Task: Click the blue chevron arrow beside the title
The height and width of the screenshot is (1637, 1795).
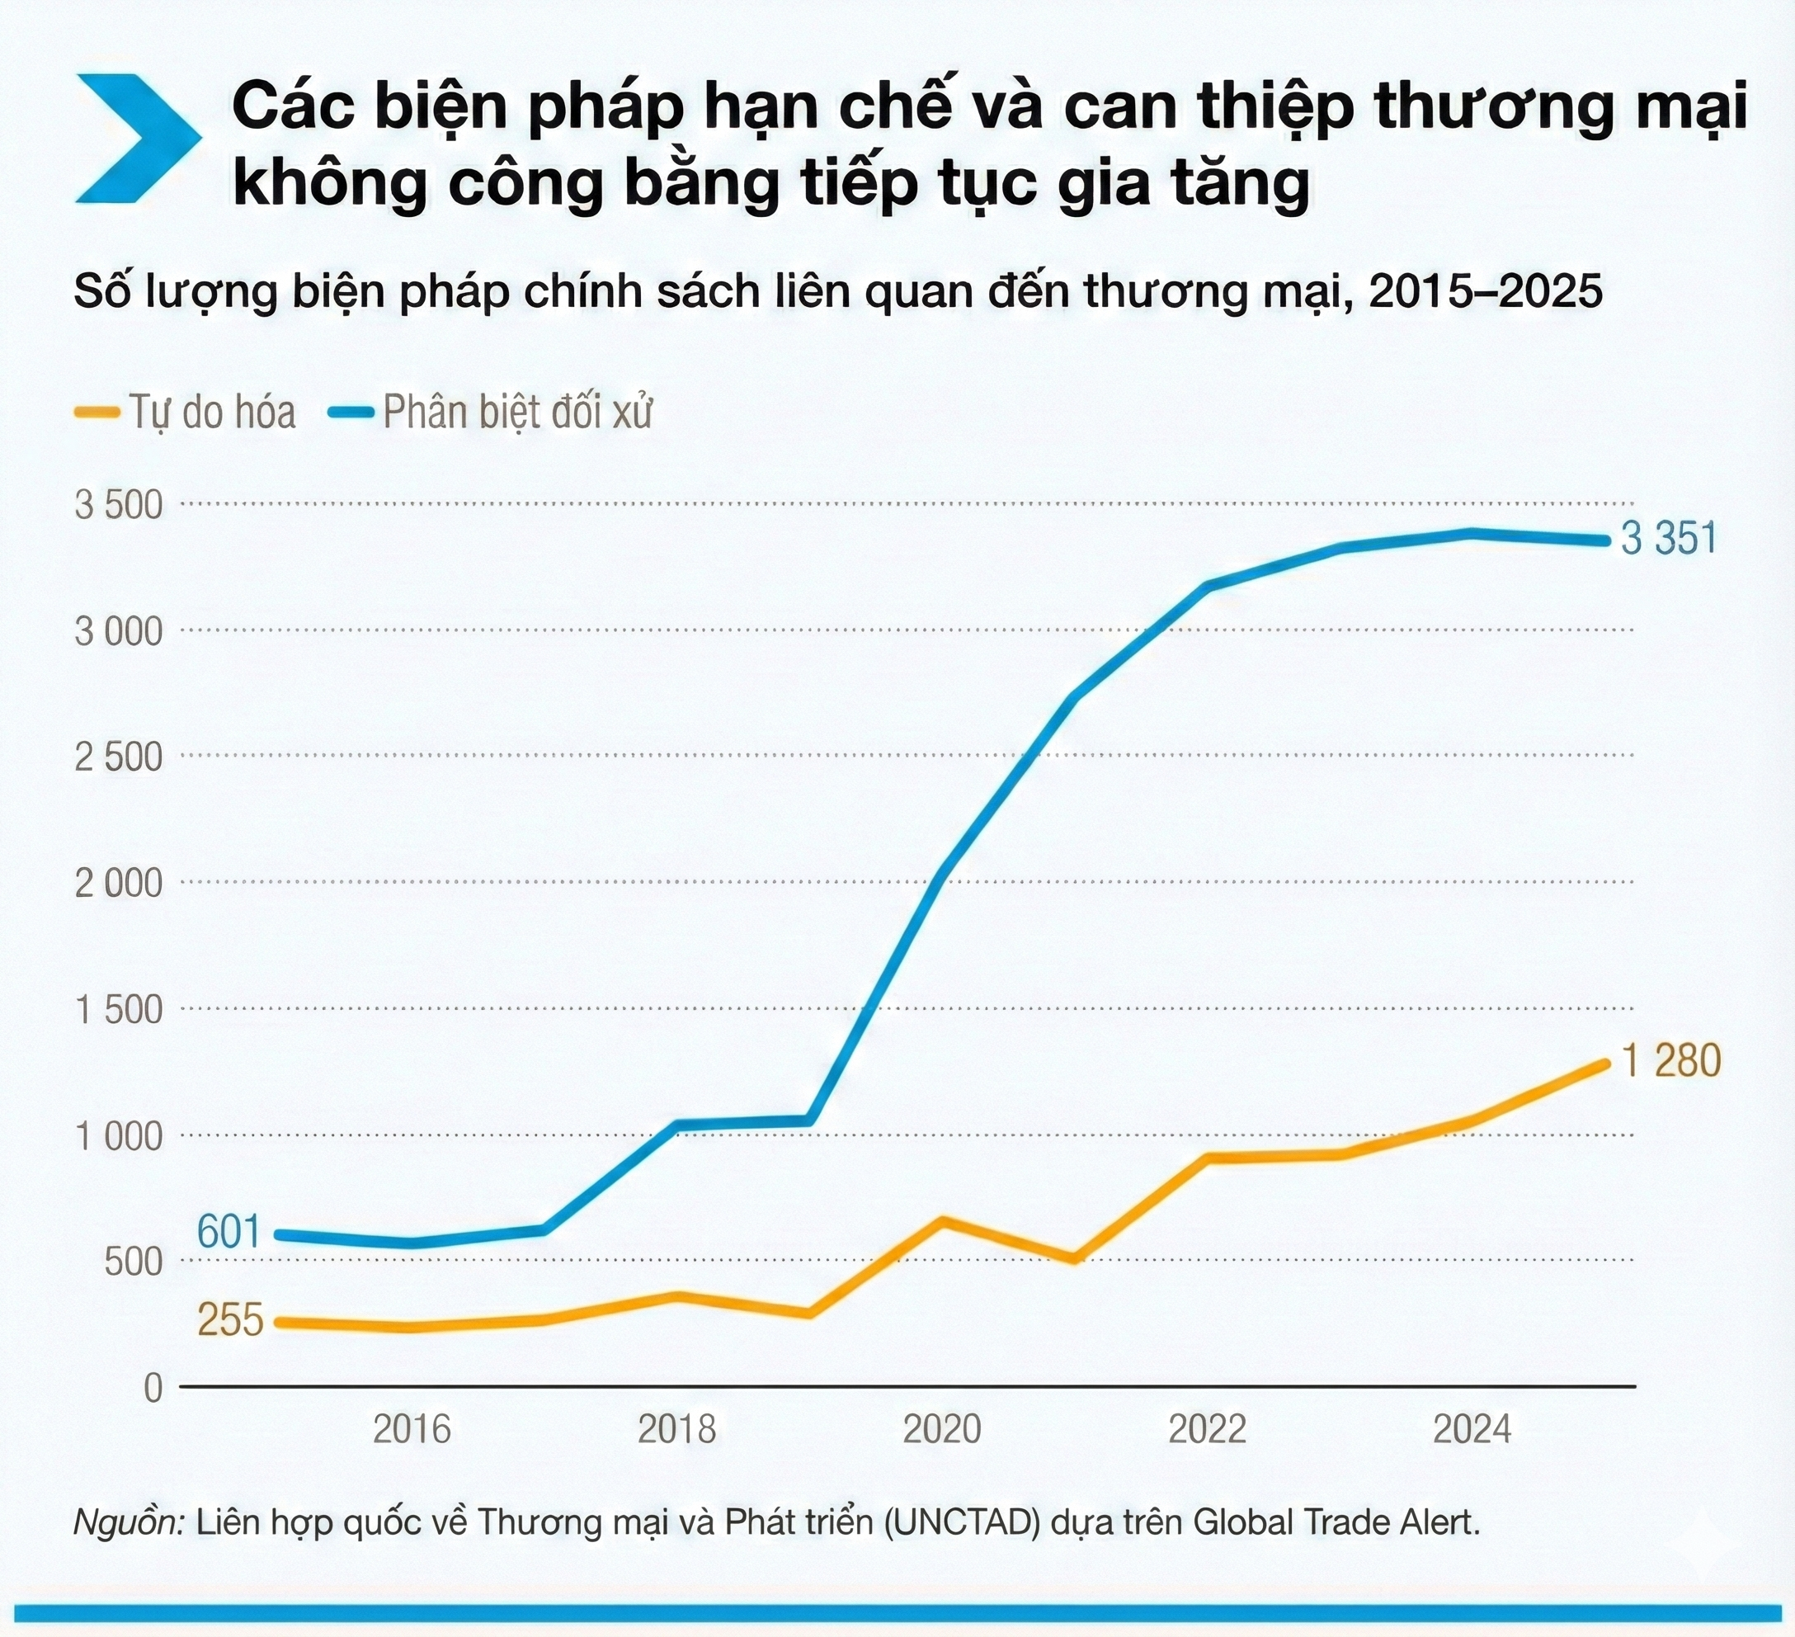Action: pos(134,138)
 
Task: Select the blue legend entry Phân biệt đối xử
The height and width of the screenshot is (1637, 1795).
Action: pos(491,413)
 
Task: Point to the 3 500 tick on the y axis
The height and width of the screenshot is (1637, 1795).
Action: pos(120,505)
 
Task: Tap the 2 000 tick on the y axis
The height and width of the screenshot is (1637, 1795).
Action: pos(120,884)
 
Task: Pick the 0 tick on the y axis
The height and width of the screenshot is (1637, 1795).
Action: pos(153,1388)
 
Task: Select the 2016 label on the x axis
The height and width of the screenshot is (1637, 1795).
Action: pos(412,1429)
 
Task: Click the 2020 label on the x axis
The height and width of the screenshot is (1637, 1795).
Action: pos(942,1429)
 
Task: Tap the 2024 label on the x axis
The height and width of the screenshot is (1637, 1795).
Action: pos(1472,1429)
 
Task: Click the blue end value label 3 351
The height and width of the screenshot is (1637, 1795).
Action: pos(1669,539)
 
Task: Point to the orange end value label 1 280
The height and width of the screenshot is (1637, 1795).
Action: pos(1671,1061)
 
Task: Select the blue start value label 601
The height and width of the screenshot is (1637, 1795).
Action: pos(228,1233)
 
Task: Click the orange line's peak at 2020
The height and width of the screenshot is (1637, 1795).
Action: pos(943,1220)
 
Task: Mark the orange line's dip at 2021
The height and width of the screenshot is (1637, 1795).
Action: pos(1076,1259)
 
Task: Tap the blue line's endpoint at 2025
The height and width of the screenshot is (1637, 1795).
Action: pos(1605,540)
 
